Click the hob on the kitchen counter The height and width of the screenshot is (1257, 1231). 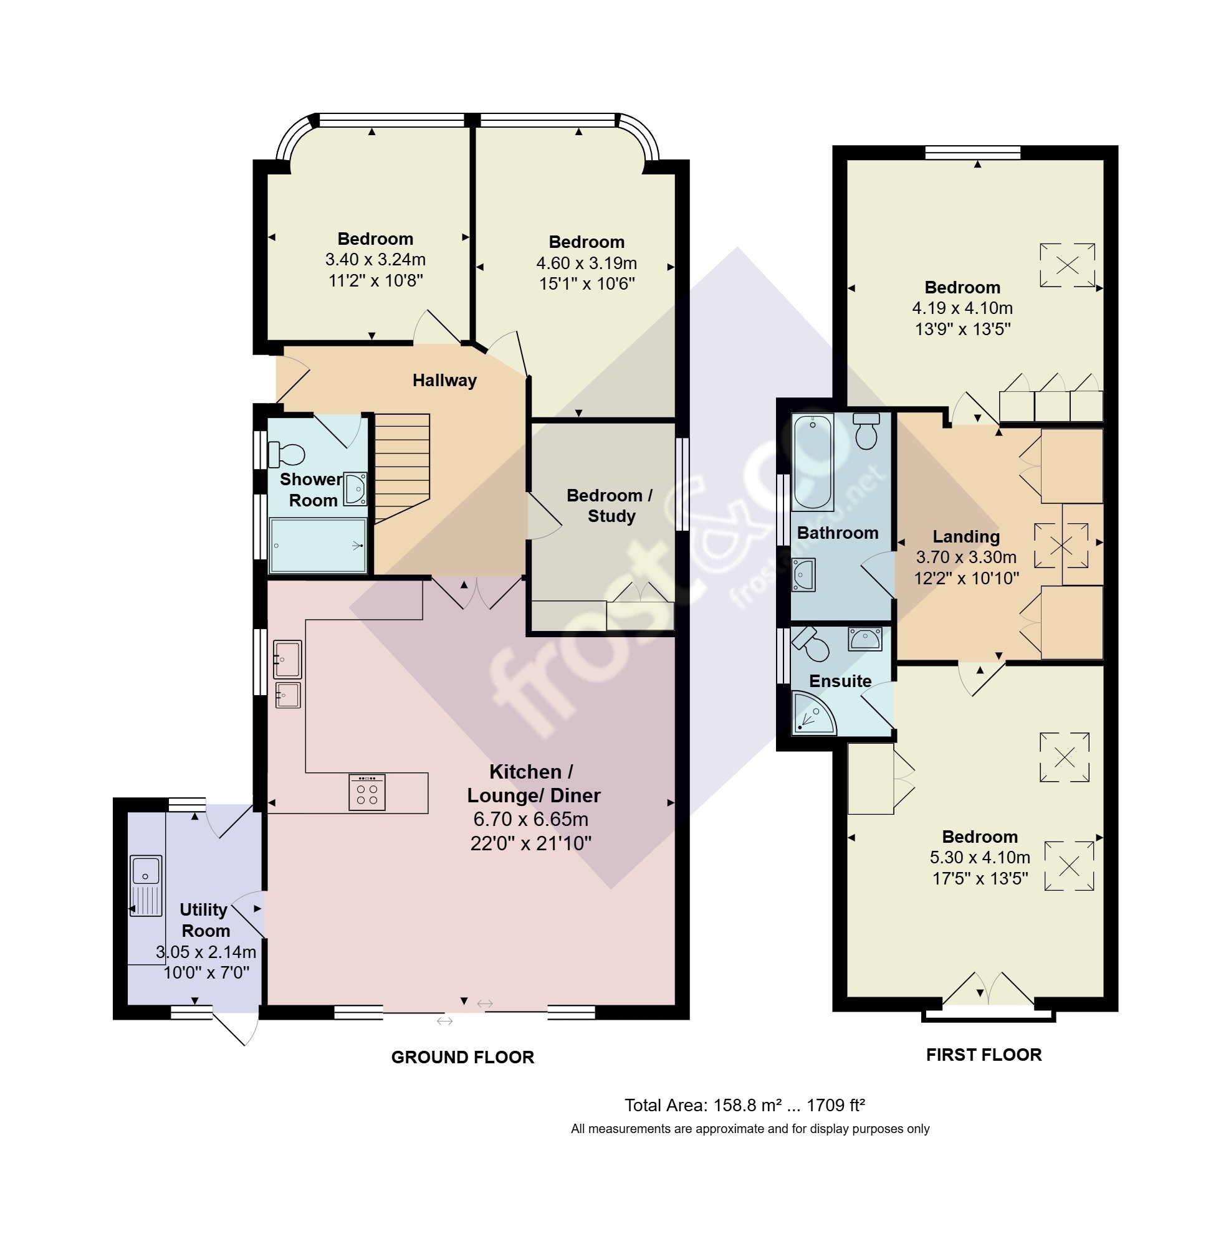366,792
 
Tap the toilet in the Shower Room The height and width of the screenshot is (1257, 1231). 285,454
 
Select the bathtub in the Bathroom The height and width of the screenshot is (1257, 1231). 813,462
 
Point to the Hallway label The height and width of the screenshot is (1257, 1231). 444,380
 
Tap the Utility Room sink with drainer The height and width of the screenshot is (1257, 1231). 146,885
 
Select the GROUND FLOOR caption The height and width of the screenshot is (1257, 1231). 463,1057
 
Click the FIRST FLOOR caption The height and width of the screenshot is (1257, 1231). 984,1055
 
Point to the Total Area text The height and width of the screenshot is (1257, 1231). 744,1105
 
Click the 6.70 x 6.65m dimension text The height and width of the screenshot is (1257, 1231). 531,819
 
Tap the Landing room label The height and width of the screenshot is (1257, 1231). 966,536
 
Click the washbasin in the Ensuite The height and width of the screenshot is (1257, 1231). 865,638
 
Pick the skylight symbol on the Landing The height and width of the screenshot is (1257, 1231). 1061,546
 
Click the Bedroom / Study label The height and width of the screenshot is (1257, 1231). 610,505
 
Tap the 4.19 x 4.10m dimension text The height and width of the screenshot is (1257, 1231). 962,308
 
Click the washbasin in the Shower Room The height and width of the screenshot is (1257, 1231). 355,488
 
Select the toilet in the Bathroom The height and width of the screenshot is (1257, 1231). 866,430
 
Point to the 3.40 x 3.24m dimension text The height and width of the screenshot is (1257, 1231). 375,260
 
